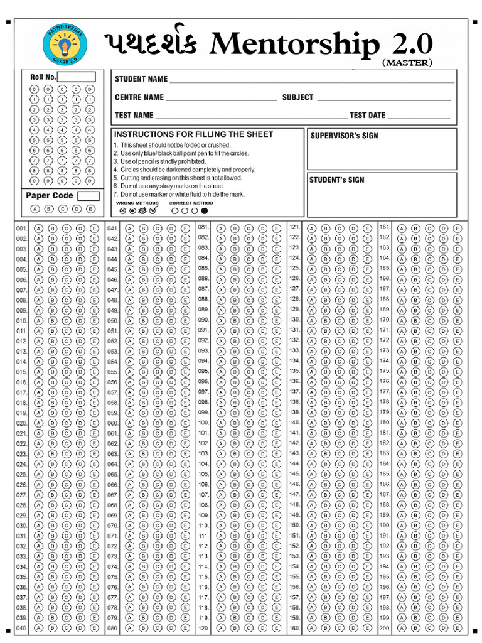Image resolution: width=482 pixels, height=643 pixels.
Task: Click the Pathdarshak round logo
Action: coord(66,45)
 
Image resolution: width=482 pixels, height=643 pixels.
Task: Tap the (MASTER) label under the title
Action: coord(407,63)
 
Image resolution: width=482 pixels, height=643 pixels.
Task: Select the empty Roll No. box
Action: coord(77,77)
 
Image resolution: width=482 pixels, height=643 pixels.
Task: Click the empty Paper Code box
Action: coord(88,196)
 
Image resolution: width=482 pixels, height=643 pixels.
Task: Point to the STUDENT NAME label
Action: coord(141,79)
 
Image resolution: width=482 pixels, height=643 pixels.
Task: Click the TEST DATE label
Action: coord(367,116)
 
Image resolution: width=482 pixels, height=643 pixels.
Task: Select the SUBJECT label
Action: coord(297,97)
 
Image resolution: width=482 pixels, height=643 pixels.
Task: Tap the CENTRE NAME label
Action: coord(139,97)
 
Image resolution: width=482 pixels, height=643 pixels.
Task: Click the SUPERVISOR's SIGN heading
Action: coord(345,136)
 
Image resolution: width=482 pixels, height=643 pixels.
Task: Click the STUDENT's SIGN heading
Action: coord(337,180)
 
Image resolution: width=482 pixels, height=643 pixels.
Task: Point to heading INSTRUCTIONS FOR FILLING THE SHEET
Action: coord(193,134)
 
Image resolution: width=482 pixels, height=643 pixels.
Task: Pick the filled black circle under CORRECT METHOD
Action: coord(205,211)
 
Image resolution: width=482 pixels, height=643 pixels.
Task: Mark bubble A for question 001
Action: coord(39,229)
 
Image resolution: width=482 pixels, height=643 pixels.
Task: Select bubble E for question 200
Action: coord(458,628)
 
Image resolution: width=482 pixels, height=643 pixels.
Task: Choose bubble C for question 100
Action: coord(249,423)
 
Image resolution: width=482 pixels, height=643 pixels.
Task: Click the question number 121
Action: coord(294,226)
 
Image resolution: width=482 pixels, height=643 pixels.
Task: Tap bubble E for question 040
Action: coord(94,628)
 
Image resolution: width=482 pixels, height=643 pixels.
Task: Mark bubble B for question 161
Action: coord(415,228)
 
